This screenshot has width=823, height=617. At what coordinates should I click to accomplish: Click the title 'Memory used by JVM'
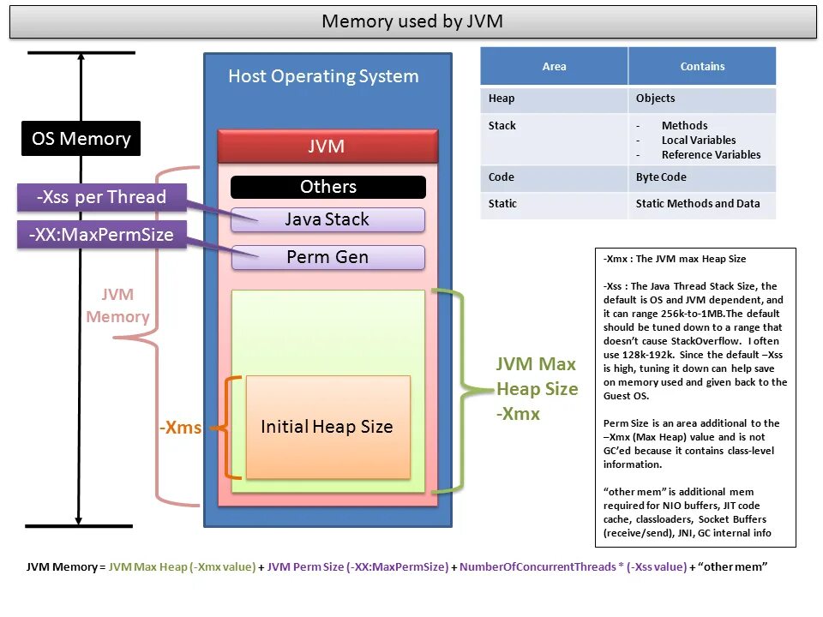coord(411,21)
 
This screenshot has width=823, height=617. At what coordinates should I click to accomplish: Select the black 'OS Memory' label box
coord(81,139)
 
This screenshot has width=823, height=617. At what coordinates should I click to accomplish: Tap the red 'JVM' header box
coord(327,147)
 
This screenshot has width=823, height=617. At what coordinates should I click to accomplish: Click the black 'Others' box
coord(327,187)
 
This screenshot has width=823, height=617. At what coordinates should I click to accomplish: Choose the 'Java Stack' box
coord(327,220)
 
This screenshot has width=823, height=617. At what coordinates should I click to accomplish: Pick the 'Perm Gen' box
coord(327,257)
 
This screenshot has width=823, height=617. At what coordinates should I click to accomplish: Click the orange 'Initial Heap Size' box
coord(327,427)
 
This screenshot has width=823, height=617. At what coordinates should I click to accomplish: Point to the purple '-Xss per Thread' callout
coord(101,197)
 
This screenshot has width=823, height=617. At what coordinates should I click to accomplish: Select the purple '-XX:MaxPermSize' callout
coord(101,235)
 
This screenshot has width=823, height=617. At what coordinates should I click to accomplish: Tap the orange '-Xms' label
coord(180,428)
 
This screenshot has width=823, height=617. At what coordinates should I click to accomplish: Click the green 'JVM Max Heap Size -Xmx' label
coord(537,389)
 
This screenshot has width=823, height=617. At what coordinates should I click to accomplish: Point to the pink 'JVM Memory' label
coord(117,306)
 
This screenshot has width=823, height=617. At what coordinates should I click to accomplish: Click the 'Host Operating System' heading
coord(323,76)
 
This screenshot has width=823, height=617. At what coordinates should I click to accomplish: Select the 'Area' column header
coord(554,66)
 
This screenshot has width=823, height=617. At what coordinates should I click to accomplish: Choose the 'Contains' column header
coord(702,66)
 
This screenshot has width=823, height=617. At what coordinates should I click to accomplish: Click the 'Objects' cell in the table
coord(656,99)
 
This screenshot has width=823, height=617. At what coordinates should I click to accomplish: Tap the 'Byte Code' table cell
coord(661,177)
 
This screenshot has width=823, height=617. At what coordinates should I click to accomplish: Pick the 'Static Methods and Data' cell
coord(698,204)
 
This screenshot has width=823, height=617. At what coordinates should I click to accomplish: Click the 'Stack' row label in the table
coord(502,126)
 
